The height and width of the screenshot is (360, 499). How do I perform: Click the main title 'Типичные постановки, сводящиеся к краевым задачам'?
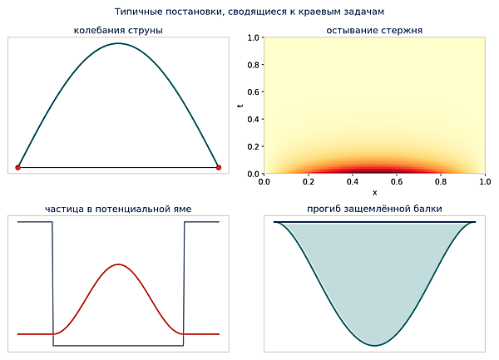[249, 12]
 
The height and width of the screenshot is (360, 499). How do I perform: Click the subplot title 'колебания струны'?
[118, 30]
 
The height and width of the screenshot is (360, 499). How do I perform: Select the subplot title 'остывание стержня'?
[374, 30]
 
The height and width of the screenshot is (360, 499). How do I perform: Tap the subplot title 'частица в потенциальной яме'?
[118, 209]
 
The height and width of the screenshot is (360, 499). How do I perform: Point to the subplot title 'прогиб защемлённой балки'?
[374, 209]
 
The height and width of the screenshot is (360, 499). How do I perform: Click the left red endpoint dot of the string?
[18, 168]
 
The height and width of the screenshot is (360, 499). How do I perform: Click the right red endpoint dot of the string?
[218, 168]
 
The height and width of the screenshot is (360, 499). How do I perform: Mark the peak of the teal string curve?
[118, 43]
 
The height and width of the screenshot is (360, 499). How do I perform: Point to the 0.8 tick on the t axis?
[263, 65]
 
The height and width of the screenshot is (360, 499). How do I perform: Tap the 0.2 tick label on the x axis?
[309, 182]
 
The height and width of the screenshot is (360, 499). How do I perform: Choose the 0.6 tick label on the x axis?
[397, 182]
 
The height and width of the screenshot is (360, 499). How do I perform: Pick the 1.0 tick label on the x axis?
[485, 182]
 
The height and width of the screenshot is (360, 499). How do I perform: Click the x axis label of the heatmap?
[374, 193]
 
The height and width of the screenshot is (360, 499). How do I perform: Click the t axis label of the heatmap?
[240, 106]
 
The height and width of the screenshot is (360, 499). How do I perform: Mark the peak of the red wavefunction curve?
[118, 264]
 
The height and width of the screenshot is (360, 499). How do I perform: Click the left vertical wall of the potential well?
[52, 284]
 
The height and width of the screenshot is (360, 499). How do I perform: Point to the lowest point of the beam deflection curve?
[374, 345]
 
